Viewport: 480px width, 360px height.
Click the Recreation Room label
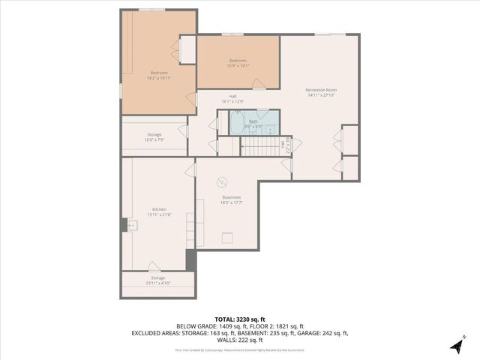pos(320,90)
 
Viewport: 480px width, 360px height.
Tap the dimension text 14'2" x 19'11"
pos(159,78)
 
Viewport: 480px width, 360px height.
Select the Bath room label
pos(253,121)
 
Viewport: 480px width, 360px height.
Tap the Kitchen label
pos(159,209)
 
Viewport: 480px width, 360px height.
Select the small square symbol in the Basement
pos(226,238)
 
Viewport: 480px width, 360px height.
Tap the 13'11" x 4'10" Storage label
pos(158,283)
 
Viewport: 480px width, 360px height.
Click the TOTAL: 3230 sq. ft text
pos(240,319)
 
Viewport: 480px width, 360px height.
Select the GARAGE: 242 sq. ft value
pos(327,333)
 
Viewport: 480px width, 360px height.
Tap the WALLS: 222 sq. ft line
pos(240,340)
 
